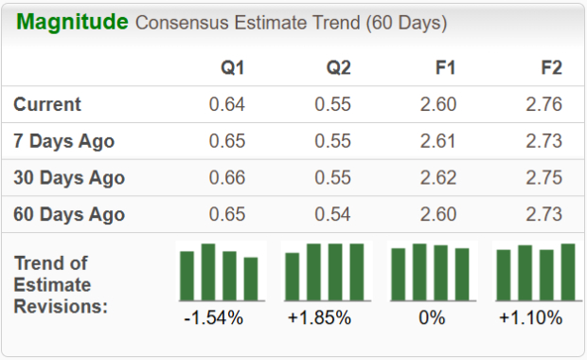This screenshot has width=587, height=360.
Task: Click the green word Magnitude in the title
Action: pos(71,22)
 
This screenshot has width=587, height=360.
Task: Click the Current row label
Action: pos(47,104)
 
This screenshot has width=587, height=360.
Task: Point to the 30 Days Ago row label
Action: pos(69,177)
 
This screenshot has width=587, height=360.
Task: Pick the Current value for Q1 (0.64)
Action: pos(227,104)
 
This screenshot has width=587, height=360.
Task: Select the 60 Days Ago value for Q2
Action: pos(333,214)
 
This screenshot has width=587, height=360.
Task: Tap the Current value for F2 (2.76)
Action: pos(543,104)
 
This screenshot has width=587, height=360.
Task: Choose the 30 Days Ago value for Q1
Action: pos(227,177)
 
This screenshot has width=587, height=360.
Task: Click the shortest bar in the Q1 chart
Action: pos(251,279)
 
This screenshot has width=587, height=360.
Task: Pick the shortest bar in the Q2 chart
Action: pos(293,276)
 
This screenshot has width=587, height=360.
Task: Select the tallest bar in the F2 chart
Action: pos(568,271)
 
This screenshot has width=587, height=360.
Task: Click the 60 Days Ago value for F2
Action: pos(543,214)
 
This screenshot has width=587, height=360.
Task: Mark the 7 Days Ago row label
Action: pos(64,141)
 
